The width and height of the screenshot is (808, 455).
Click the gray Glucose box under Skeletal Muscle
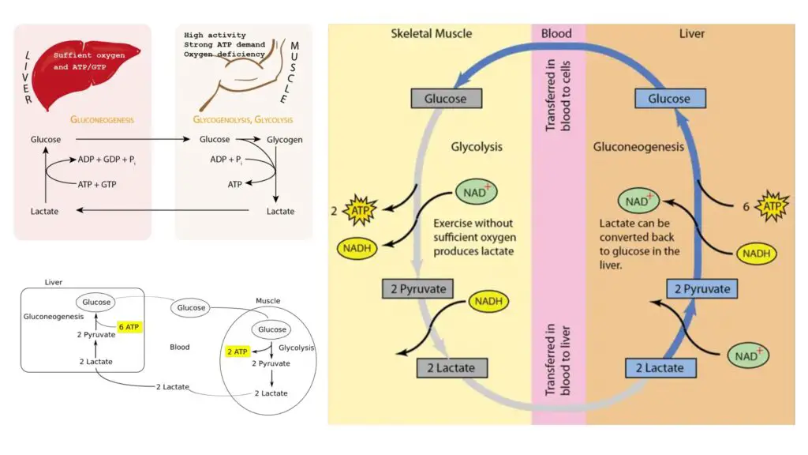(447, 99)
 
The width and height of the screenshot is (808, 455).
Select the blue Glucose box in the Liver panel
(670, 99)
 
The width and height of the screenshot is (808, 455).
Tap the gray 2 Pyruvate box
(418, 289)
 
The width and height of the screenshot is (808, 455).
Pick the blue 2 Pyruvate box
(701, 289)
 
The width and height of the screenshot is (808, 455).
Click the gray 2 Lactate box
(452, 368)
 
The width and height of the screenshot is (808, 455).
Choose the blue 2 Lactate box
(660, 368)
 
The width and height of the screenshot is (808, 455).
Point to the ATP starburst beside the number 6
(772, 206)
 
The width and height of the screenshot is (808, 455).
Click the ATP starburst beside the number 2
(360, 210)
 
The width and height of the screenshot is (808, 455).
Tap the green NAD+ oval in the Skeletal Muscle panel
(476, 193)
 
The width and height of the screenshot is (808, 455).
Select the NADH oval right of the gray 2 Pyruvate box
(488, 301)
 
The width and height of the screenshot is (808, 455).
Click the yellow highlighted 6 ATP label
(129, 327)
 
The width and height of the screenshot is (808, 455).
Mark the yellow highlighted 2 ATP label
(237, 352)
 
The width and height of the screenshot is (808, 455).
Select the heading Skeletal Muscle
(432, 33)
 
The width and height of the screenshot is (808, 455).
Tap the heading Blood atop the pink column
(556, 33)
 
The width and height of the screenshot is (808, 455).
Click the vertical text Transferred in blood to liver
(558, 359)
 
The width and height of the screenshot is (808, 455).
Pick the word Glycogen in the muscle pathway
(284, 140)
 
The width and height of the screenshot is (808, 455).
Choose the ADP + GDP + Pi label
(107, 160)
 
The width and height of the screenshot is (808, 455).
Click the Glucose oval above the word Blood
(191, 307)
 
